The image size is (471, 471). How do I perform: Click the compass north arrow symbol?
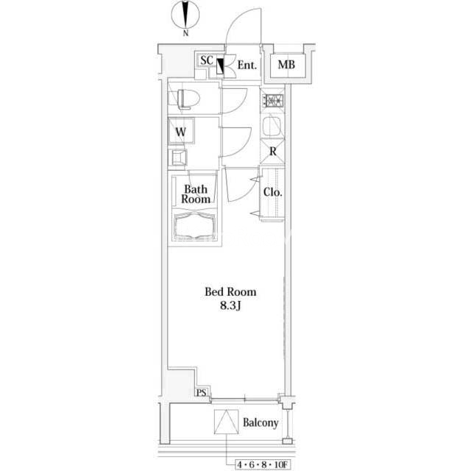point(185,15)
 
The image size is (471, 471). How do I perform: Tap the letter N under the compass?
point(185,32)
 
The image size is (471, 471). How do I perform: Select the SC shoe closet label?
point(207,60)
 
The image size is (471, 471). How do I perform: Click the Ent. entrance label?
point(247,65)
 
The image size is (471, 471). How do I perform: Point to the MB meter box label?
point(286,64)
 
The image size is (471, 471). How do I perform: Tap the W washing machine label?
point(181,132)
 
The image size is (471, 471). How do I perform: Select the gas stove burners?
point(273,100)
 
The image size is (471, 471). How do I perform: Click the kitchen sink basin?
point(272,126)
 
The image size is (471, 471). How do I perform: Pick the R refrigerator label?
point(273,152)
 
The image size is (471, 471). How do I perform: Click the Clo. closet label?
point(272,192)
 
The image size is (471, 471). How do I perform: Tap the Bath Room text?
point(196,194)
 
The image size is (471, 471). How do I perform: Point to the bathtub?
point(195,225)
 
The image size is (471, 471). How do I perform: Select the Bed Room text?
point(230,291)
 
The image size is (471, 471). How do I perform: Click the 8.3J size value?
point(230,306)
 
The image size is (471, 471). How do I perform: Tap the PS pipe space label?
point(202,392)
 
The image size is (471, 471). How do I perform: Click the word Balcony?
point(261,422)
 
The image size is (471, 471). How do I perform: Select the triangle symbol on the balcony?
point(227,422)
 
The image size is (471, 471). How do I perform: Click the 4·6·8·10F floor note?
point(262,464)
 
